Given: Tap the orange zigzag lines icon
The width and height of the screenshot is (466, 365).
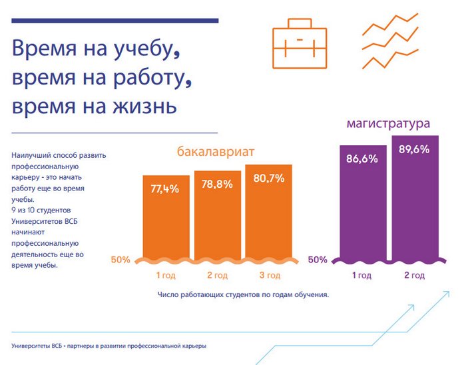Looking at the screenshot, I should (390, 40).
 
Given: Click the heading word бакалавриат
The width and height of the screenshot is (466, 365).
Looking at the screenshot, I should (216, 152).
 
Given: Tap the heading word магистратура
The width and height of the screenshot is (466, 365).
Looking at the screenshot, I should (388, 124).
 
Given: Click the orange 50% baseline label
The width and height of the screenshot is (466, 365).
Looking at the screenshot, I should (120, 260).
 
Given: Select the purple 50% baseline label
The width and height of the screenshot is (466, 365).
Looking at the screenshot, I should (318, 260).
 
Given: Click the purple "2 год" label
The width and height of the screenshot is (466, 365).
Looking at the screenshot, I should (415, 275).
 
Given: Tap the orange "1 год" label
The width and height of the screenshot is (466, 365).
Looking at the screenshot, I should (166, 275).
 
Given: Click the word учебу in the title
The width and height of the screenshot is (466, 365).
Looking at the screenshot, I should (142, 50).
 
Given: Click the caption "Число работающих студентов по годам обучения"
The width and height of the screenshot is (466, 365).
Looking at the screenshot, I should (244, 294).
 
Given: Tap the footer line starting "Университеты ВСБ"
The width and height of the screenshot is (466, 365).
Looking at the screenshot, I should (109, 346).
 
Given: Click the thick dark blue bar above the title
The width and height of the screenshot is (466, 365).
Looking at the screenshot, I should (115, 21).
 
